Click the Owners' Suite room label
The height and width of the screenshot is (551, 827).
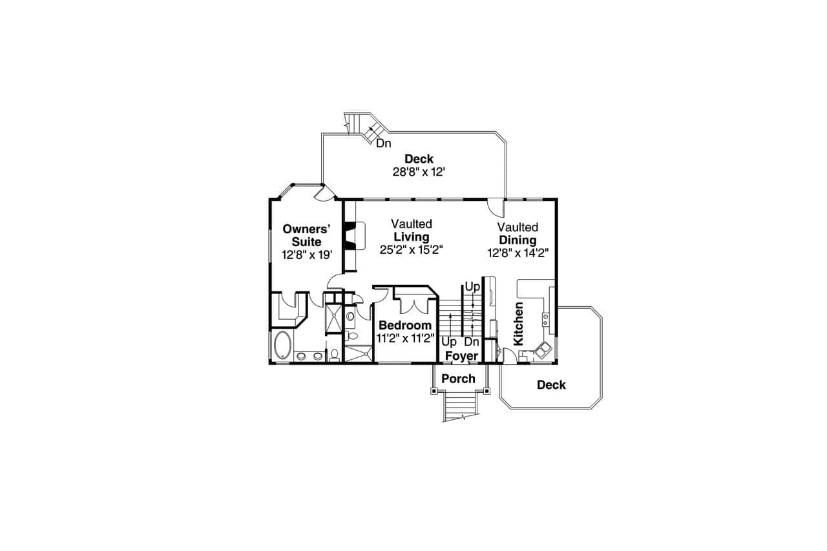point(307,235)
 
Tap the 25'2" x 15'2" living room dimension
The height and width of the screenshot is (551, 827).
point(411,249)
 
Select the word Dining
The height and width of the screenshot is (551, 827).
point(518,240)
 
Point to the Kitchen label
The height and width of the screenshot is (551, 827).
point(518,323)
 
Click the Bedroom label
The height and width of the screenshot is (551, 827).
point(405,326)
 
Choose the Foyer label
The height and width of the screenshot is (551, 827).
point(462,356)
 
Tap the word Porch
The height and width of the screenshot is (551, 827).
point(458,379)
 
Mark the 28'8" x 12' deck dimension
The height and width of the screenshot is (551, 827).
point(419,172)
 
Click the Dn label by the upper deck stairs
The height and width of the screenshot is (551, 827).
point(384,143)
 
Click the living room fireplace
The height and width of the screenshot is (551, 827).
point(350,235)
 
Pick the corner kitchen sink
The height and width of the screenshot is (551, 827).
point(542,349)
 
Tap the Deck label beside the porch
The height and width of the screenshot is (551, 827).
point(551,385)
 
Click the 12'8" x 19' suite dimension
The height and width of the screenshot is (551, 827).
point(307,255)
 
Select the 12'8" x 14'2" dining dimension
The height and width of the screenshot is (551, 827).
point(518,253)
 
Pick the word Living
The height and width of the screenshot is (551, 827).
point(412,237)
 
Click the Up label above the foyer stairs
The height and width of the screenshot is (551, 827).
point(472,286)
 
